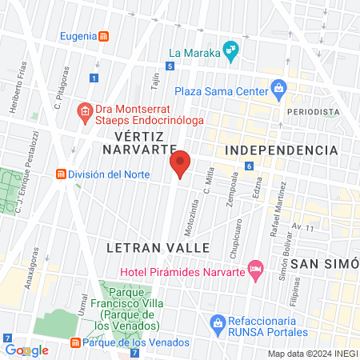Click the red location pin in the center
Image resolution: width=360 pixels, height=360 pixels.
point(180,164)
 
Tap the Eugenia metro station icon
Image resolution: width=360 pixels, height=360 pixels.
point(106,37)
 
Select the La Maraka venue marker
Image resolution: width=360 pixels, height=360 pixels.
point(230,50)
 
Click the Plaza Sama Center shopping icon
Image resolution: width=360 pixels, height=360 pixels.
point(278,87)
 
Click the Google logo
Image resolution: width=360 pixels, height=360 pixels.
point(26,350)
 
